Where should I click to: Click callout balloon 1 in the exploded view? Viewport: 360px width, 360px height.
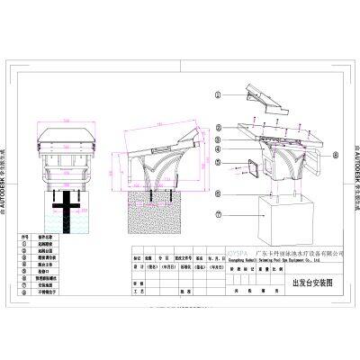click(219, 93)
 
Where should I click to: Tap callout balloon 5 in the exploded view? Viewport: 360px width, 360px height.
click(219, 162)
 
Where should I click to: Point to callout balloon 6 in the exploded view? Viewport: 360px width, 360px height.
click(219, 178)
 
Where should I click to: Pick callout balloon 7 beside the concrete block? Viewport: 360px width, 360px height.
click(219, 215)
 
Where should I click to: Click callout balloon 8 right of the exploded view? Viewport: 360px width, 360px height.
click(335, 154)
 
